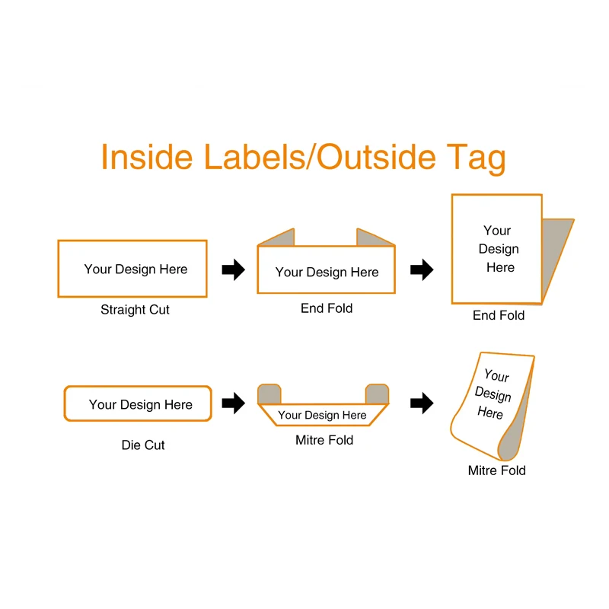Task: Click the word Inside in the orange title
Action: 147,157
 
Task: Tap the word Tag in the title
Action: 477,159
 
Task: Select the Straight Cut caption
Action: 135,310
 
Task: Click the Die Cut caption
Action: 143,445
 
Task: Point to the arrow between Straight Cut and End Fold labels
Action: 234,269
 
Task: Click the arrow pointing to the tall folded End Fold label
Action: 422,269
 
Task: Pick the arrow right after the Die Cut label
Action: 234,403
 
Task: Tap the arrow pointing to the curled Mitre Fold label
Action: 422,403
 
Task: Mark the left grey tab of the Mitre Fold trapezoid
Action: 269,394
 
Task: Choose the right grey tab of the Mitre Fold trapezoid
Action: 377,394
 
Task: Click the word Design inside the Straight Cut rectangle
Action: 136,269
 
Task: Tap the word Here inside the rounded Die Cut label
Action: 178,405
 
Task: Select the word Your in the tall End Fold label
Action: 497,231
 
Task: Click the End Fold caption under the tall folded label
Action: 499,315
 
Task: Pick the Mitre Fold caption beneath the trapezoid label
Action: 324,440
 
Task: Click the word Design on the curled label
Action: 493,394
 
